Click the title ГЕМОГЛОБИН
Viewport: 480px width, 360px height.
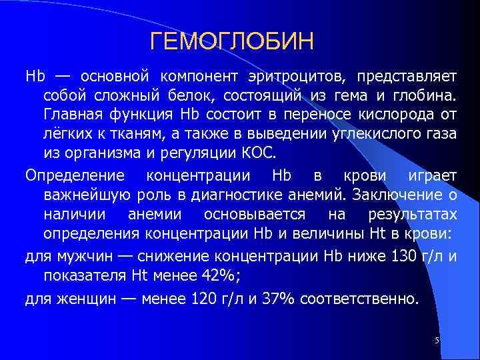tap(231, 42)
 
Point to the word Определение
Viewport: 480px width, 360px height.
tap(75, 175)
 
